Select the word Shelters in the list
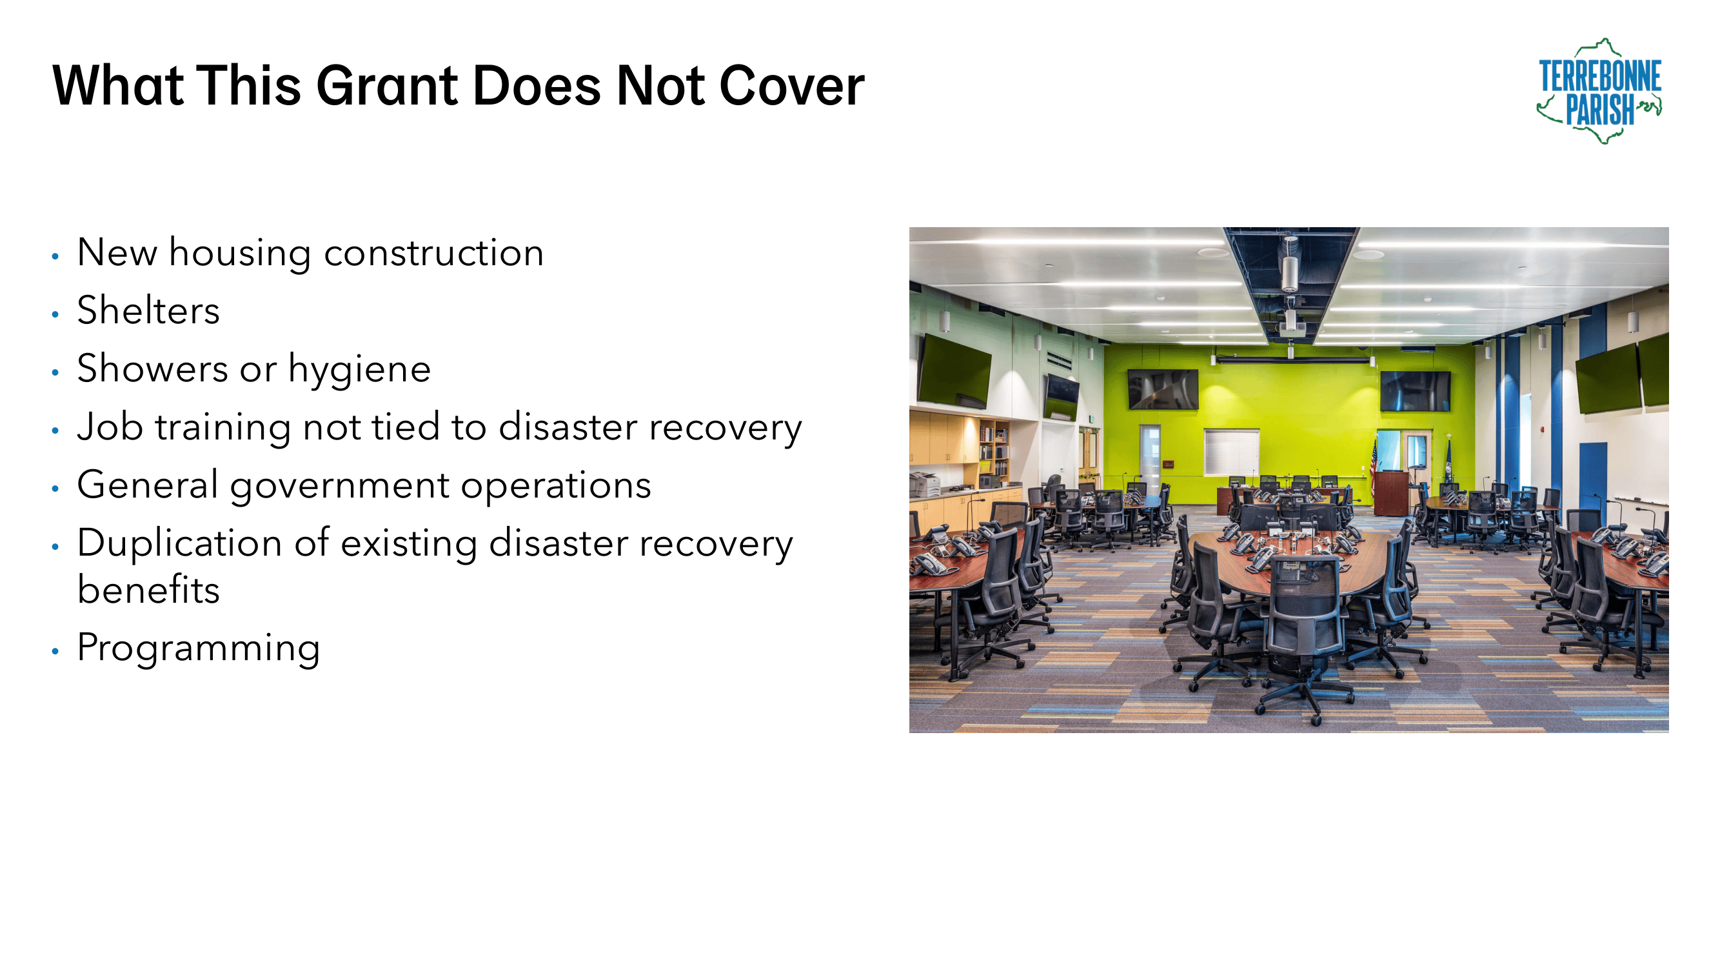coord(148,310)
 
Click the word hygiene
coord(359,369)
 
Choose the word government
coord(339,487)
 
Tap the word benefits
coord(148,590)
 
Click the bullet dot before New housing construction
coord(55,256)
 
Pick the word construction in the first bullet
coord(434,253)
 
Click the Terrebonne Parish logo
coord(1599,91)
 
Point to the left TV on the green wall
coord(1163,388)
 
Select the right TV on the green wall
coord(1416,392)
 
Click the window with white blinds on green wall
coord(1231,452)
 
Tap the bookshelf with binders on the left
coord(994,449)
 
